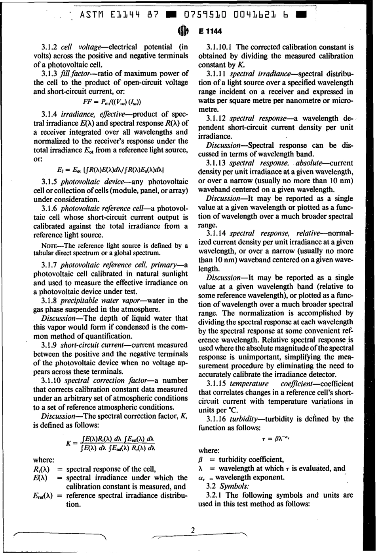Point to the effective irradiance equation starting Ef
click(110, 169)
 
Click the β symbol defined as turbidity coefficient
click(200, 460)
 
